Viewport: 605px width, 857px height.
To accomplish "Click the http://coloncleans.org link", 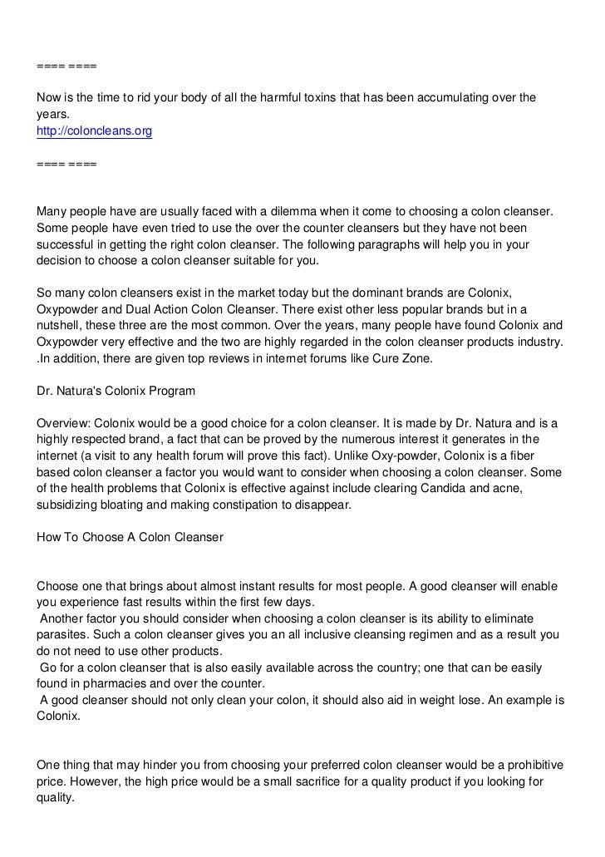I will (94, 131).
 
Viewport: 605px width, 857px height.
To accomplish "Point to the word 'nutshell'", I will (60, 326).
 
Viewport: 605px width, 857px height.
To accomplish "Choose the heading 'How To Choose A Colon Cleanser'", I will (130, 536).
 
